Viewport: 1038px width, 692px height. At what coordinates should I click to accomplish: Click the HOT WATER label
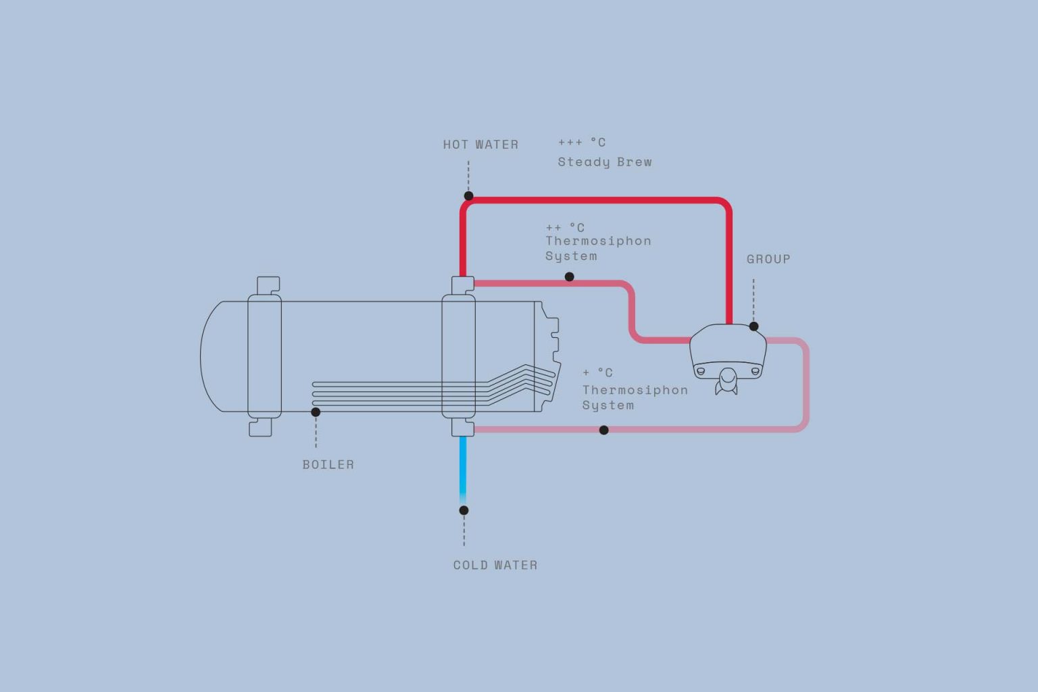(480, 145)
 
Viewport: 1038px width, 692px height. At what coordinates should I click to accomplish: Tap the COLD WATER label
(495, 565)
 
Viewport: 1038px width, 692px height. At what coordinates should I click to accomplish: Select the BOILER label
(328, 464)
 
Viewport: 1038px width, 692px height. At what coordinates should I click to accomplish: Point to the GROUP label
(768, 259)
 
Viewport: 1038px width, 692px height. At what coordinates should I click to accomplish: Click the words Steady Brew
(605, 162)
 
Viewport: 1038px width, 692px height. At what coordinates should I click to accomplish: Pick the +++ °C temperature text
(582, 143)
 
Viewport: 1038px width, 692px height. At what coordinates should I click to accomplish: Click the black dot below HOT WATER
(468, 195)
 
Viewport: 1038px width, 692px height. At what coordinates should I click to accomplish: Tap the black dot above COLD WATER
(464, 510)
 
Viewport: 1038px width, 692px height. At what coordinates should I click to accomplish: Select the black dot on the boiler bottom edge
(316, 412)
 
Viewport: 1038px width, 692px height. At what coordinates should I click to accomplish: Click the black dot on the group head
(754, 326)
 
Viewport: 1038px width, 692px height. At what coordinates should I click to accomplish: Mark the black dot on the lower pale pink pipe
(603, 430)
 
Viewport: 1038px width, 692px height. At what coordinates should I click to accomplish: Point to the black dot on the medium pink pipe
(570, 276)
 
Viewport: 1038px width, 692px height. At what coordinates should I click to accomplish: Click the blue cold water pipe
(463, 470)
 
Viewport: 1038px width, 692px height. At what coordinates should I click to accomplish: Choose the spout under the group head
(727, 381)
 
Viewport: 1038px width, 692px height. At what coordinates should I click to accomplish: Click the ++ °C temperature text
(565, 228)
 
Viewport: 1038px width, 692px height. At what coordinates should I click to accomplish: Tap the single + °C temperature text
(598, 372)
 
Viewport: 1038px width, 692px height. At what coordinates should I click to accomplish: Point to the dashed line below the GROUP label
(753, 299)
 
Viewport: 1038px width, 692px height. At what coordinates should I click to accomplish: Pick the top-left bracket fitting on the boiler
(268, 285)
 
